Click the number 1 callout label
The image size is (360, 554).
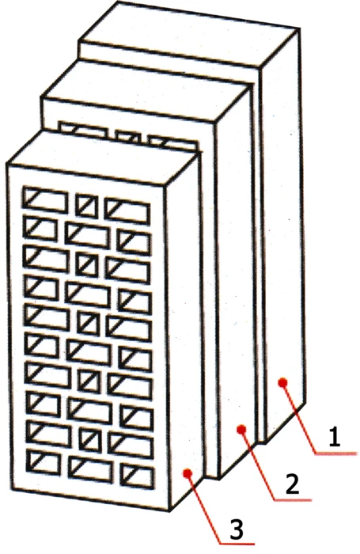click(x=334, y=437)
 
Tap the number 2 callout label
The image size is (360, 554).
click(x=292, y=483)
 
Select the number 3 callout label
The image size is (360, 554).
click(x=236, y=529)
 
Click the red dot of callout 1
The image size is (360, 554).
click(x=282, y=382)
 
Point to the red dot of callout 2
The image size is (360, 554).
click(x=241, y=429)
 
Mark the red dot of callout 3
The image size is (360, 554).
click(x=188, y=472)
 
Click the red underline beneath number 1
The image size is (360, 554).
click(x=336, y=453)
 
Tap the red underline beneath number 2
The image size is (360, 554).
click(x=293, y=499)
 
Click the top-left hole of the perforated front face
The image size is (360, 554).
click(x=45, y=199)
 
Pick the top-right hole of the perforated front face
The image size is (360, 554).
click(x=127, y=211)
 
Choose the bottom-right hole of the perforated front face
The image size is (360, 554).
click(x=138, y=476)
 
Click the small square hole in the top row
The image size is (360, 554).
click(x=86, y=205)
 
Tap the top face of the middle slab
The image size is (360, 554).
click(x=145, y=93)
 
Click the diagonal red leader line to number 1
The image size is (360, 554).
click(x=298, y=418)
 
